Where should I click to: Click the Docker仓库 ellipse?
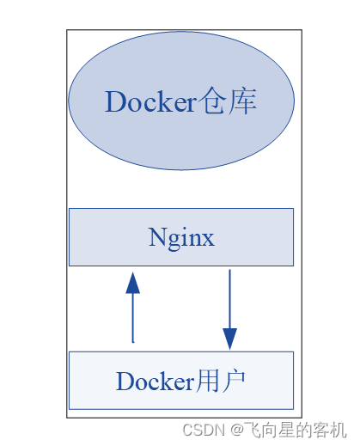181,101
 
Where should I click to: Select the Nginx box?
181,237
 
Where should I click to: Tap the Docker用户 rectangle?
181,380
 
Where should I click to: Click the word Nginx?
181,238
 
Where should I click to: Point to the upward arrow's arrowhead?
133,283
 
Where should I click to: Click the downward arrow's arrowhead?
229,339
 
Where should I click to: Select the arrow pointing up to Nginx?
133,307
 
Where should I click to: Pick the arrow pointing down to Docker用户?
229,309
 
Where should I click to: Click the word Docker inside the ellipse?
151,101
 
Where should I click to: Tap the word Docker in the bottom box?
156,381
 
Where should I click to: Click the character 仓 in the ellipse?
211,101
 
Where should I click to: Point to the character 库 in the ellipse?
242,101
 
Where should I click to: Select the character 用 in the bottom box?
207,381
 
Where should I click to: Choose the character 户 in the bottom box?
234,381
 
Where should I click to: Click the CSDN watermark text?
204,430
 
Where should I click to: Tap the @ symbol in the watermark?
237,430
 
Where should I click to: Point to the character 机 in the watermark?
339,430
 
